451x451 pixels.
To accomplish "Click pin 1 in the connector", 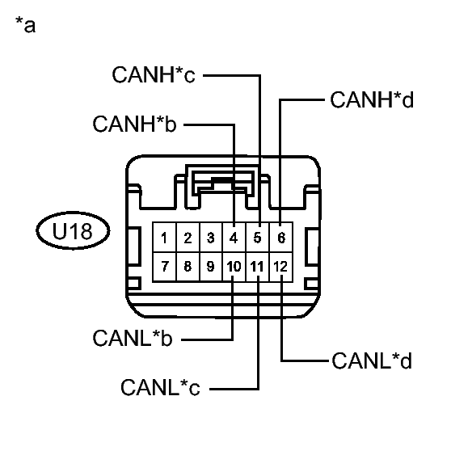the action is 164,238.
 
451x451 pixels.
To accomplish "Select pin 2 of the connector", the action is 188,238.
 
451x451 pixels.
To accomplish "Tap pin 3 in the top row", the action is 211,238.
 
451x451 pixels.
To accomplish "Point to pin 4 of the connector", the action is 234,238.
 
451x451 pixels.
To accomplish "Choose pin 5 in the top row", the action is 258,238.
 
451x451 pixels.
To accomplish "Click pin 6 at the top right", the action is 281,238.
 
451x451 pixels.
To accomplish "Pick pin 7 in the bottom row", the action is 164,267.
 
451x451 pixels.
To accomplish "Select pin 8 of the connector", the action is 188,267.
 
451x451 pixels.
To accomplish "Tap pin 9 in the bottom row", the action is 211,267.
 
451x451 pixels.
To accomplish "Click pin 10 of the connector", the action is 234,267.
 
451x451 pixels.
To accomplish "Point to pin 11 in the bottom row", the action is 258,267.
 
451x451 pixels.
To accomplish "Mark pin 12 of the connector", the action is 281,267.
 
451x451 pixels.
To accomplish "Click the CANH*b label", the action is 134,124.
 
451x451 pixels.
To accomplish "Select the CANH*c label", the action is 154,74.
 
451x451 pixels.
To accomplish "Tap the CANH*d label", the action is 372,99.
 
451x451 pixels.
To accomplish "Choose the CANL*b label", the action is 133,338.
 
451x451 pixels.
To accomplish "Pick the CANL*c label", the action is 160,387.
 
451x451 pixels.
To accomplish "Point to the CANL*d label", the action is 372,360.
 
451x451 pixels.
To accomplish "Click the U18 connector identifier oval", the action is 73,230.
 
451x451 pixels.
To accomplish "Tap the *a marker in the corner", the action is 26,25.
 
